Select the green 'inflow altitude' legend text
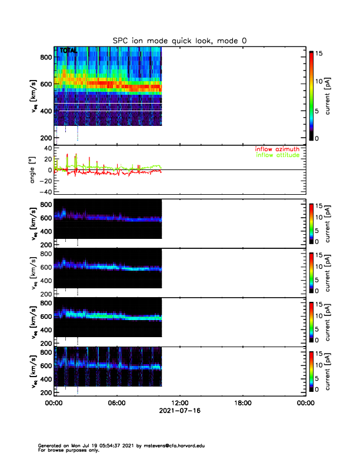tap(277, 155)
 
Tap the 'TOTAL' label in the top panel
tap(68, 51)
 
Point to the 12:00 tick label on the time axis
tap(179, 403)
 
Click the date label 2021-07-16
tap(179, 411)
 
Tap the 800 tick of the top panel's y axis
tap(45, 56)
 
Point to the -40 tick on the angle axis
tap(43, 192)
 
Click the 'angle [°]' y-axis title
tap(34, 170)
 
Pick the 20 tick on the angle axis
tap(45, 159)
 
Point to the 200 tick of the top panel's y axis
tap(45, 138)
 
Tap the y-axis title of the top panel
tap(34, 97)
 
